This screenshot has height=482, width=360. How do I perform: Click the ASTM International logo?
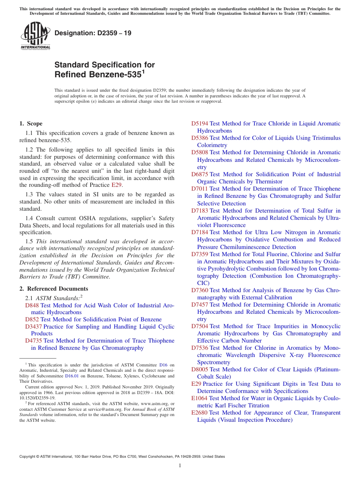(35, 36)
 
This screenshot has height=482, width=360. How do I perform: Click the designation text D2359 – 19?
(93, 33)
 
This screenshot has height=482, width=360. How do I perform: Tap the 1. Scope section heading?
(31, 124)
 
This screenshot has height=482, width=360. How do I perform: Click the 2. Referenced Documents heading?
(54, 289)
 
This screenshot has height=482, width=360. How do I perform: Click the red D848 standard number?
(32, 305)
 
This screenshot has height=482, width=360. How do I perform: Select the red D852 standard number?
(32, 319)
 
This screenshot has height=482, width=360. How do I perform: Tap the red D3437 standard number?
(33, 327)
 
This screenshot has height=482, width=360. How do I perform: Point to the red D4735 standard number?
(33, 341)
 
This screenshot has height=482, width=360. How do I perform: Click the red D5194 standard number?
(199, 124)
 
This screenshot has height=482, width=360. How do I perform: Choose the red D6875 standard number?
(199, 174)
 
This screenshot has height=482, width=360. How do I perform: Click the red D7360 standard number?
(199, 290)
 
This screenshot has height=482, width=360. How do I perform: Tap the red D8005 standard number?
(199, 369)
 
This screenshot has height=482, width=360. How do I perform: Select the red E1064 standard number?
(199, 398)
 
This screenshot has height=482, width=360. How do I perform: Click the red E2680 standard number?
(199, 413)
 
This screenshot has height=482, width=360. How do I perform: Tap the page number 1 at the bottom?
(180, 466)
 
